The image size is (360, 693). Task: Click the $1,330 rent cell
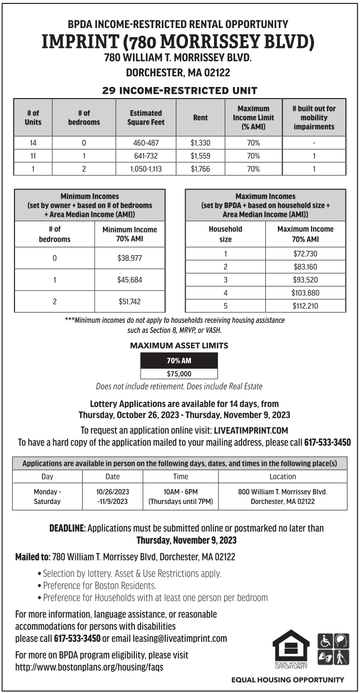201,143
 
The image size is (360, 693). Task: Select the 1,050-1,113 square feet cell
146,169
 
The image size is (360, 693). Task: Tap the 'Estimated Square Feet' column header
146,118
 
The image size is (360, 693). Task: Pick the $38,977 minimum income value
130,258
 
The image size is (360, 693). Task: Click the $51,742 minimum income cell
130,302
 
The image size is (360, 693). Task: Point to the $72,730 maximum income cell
305,254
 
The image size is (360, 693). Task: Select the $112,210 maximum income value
305,306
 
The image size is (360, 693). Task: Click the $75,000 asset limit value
179,374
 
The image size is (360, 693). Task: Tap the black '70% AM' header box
179,361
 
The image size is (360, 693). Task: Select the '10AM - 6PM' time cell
181,491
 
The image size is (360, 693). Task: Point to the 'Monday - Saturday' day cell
47,496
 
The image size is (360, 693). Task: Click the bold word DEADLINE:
68,528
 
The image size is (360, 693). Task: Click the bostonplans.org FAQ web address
89,667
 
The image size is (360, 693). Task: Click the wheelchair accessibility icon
324,641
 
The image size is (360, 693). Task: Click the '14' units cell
33,143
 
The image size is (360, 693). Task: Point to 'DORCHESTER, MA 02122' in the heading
178,73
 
